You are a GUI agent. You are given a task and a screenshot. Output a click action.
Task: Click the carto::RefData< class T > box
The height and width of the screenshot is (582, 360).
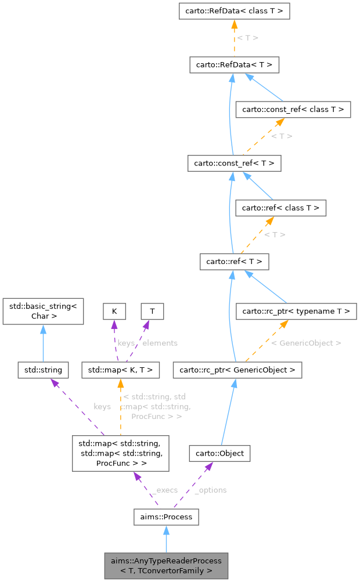pos(234,11)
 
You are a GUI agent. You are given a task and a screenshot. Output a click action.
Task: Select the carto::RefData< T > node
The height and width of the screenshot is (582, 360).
pos(234,64)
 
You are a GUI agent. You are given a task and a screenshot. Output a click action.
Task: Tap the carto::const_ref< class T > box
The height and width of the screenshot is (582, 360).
pos(293,109)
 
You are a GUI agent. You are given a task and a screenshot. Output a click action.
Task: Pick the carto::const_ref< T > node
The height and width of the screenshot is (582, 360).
pos(234,164)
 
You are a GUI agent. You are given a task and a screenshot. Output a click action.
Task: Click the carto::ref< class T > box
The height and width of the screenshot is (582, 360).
pos(280,207)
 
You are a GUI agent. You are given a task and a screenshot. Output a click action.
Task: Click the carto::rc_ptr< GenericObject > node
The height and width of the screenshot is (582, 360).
pos(237,369)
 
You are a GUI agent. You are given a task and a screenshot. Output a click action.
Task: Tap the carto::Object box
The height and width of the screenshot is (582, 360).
pos(219,453)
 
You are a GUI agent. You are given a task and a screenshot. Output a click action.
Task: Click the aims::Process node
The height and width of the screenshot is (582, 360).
pos(166,516)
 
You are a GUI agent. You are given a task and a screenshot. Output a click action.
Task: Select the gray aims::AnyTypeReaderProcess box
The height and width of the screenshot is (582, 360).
pos(166,566)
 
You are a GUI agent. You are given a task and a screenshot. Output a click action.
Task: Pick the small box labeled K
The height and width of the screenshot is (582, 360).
pos(114,312)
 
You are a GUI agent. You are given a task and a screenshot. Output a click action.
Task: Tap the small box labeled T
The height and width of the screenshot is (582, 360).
pos(152,312)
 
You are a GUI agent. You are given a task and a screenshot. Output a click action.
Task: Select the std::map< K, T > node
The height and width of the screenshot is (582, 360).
pos(119,369)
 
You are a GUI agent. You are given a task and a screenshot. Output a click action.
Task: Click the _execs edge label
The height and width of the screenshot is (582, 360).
pos(164,490)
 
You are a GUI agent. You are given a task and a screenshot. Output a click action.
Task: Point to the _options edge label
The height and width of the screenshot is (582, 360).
pos(210,490)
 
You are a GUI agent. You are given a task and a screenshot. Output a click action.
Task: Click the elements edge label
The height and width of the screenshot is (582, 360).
pos(160,343)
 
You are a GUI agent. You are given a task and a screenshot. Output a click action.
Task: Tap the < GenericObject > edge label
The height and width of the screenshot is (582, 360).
pos(305,343)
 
